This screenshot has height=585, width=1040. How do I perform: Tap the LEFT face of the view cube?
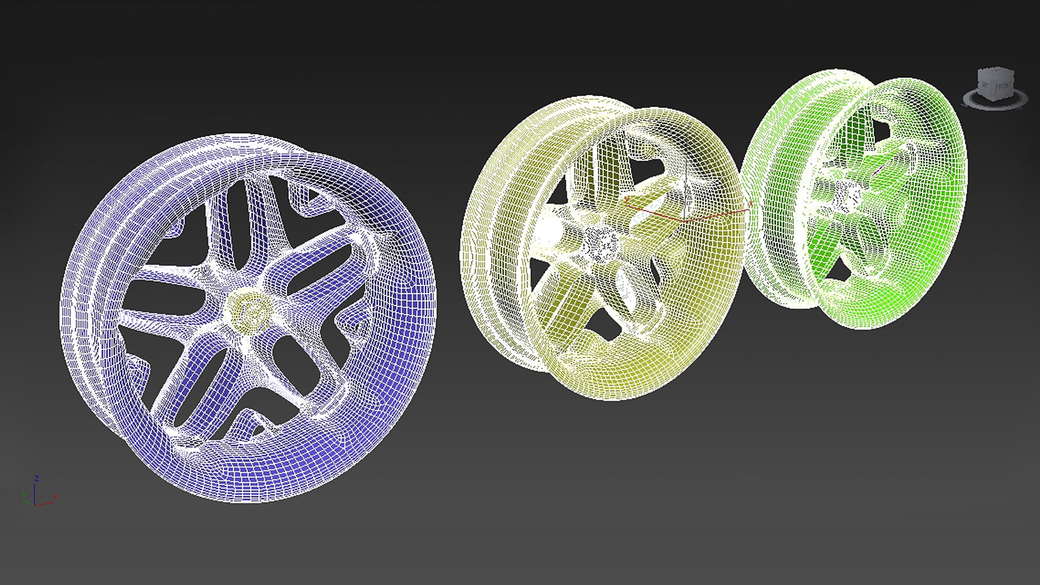(985, 86)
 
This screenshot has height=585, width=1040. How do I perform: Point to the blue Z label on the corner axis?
(37, 478)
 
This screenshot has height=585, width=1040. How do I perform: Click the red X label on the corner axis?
(55, 497)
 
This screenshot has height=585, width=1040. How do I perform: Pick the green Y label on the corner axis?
(24, 495)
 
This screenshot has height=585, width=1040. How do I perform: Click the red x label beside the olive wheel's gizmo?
(751, 204)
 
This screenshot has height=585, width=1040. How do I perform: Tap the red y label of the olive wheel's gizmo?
(627, 199)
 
